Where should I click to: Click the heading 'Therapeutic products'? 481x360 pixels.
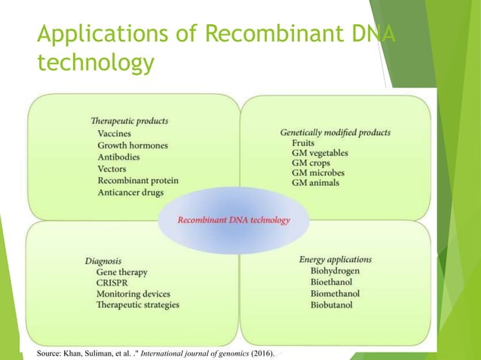[128, 120]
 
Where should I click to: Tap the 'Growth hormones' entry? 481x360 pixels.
[133, 145]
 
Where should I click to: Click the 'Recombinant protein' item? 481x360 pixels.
[139, 181]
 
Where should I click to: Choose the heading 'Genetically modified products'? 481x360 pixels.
[335, 132]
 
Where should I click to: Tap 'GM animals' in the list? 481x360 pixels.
[317, 183]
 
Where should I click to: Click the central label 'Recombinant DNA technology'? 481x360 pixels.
[233, 220]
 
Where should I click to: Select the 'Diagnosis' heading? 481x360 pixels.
[103, 261]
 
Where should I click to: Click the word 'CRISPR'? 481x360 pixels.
[113, 282]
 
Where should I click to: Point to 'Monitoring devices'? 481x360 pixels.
[133, 294]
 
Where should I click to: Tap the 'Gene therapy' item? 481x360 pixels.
[121, 272]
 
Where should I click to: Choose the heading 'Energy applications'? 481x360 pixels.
[335, 259]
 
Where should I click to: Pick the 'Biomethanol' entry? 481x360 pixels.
[335, 294]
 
